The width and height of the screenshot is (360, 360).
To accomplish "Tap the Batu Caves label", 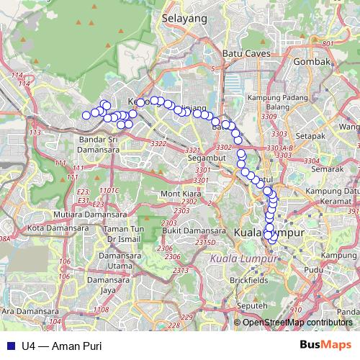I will click(246, 54).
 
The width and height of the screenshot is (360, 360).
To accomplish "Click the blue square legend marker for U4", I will click(8, 346).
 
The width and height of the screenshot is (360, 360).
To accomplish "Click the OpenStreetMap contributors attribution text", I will click(297, 322).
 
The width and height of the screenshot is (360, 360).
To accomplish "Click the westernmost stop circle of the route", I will click(86, 115).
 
